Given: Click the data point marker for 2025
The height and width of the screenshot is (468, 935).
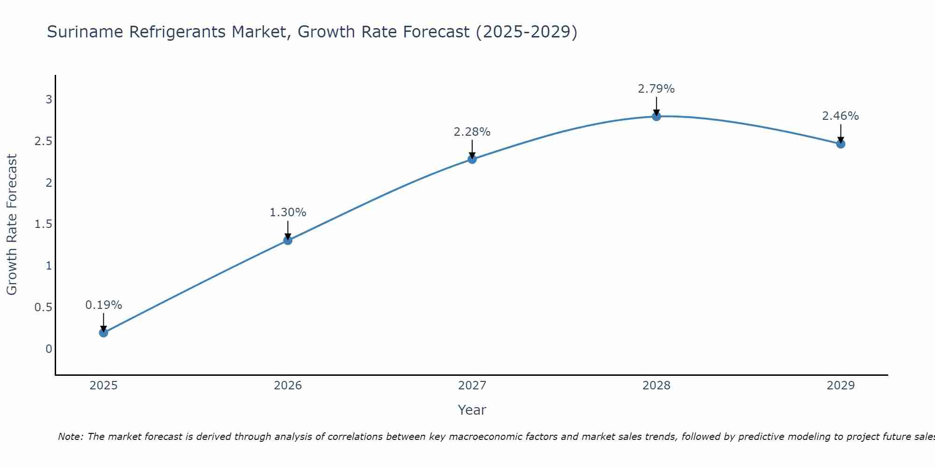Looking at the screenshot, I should point(103,333).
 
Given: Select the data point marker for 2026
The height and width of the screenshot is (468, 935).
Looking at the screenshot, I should point(288,241).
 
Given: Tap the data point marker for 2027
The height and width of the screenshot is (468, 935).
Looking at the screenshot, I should point(472,159).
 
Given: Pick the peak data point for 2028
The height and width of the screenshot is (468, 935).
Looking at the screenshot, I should point(656,116).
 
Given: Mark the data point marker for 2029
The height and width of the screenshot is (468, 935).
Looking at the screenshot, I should point(841,144).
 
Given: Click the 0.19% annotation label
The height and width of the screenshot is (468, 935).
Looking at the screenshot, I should point(103,305).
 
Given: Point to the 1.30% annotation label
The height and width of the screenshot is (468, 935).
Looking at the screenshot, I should point(288,212).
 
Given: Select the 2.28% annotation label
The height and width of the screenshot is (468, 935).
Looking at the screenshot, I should point(472,132).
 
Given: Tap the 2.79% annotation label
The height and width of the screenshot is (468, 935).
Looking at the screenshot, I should point(656,89).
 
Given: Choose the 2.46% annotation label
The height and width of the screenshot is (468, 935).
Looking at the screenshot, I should point(841,116).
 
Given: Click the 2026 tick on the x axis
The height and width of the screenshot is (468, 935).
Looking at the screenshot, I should point(288,386).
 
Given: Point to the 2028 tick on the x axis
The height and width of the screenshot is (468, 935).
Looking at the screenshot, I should point(656,386).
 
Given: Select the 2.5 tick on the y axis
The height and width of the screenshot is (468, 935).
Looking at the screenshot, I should point(43,141).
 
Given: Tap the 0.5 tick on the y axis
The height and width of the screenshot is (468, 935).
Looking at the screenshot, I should point(43,307).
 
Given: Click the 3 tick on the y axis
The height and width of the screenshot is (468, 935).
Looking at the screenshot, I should point(49,99).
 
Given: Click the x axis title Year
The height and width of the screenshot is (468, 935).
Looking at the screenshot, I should point(472,410).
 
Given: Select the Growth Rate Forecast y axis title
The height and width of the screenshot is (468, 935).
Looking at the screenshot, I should point(12,225).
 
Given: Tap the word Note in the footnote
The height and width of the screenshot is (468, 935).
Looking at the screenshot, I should point(70,437).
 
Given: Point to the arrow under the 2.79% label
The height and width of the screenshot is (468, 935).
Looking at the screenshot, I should point(656,106).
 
